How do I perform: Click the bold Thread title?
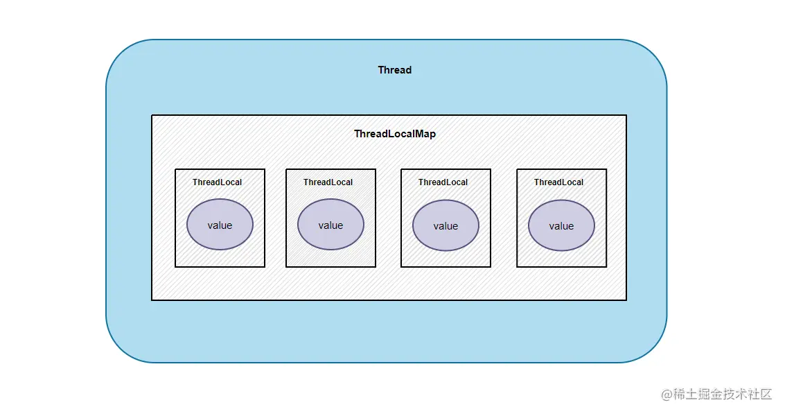(x=394, y=70)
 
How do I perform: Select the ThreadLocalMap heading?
(x=395, y=134)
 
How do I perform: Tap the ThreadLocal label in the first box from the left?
(x=218, y=182)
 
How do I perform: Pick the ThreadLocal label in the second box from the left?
(x=328, y=182)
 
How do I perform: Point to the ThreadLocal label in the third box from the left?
(x=443, y=182)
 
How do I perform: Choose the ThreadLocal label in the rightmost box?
(x=558, y=182)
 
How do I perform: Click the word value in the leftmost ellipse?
(x=220, y=225)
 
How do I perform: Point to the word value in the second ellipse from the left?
(x=330, y=225)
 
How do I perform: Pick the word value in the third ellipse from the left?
(x=446, y=226)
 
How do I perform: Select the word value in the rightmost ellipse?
(x=561, y=226)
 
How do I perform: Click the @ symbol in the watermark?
(x=667, y=395)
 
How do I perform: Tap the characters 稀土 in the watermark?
(x=685, y=394)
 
